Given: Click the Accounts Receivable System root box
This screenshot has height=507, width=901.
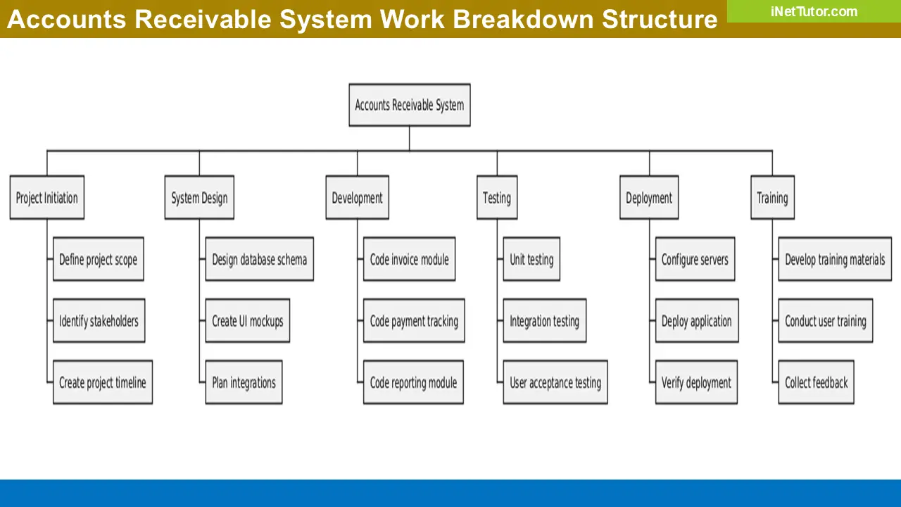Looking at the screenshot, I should click(x=409, y=106).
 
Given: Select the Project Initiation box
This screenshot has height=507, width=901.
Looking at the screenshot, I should click(x=47, y=198).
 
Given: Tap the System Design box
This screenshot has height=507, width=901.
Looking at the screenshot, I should click(x=199, y=198).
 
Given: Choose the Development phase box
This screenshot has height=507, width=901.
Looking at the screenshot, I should click(x=357, y=198).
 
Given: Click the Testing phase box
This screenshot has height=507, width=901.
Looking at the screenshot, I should click(x=497, y=198).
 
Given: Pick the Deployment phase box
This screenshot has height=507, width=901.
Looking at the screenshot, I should click(x=649, y=198).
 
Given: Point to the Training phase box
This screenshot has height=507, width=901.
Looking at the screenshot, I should click(x=772, y=198).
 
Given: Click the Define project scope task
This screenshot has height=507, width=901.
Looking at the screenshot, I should click(x=99, y=260).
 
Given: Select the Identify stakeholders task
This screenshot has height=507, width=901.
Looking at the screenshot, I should click(x=99, y=321).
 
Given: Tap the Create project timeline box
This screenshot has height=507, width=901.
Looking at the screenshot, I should click(x=103, y=382).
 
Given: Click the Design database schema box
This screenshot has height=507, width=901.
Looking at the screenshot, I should click(x=259, y=260).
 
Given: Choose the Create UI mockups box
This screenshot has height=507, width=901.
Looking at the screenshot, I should click(x=247, y=321).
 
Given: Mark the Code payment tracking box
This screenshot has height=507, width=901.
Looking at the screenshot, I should click(x=414, y=321).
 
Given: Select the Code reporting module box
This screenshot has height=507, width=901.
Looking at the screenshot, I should click(x=413, y=382).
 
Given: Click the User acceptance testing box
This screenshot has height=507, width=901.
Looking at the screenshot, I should click(x=555, y=382).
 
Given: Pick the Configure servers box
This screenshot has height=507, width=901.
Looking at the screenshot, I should click(x=695, y=260).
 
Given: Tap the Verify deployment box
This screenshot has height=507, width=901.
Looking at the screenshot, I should click(x=696, y=382).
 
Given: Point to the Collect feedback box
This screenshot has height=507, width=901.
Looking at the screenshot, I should click(x=816, y=382).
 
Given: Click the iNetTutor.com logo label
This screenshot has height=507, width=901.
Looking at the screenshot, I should click(x=814, y=11).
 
